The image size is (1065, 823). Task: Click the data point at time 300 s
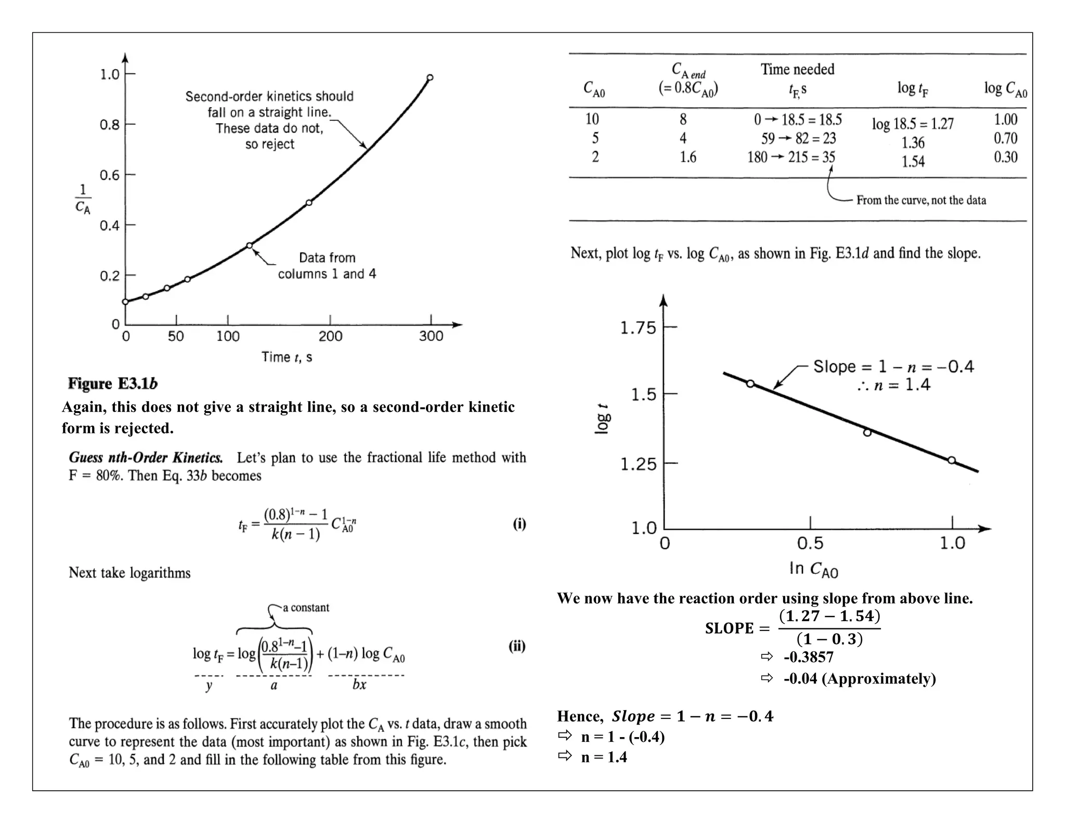pos(430,78)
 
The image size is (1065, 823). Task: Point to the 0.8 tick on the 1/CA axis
pos(110,125)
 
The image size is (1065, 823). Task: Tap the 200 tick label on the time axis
pos(330,337)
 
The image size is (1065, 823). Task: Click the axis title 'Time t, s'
pos(287,357)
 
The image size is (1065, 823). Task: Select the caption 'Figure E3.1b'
pos(112,384)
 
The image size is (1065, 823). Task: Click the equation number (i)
pos(519,524)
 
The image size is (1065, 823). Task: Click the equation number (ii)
pos(517,646)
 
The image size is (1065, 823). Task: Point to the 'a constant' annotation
pos(306,608)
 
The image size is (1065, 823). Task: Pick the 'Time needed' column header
pos(797,69)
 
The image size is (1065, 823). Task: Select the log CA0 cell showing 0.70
pos(1005,138)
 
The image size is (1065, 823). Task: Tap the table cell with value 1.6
pos(687,157)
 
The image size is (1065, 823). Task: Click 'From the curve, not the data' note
pos(921,200)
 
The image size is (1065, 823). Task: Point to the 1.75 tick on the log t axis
pos(639,328)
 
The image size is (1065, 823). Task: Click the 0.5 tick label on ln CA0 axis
pos(810,544)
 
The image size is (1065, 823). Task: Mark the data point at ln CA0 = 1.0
pos(951,460)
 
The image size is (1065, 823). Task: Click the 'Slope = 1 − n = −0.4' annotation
pos(893,367)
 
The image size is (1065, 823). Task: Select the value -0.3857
pos(809,657)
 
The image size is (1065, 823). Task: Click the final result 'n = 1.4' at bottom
pos(604,757)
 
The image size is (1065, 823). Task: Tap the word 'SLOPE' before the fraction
pos(729,628)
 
